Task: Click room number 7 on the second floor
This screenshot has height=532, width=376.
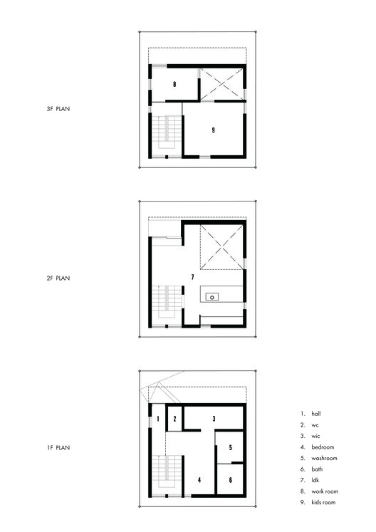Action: (192, 276)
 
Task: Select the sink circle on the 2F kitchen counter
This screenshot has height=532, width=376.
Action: (211, 296)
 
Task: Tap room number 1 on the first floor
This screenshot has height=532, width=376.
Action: (157, 419)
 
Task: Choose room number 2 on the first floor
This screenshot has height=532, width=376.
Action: (174, 419)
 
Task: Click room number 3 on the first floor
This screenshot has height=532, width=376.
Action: (214, 419)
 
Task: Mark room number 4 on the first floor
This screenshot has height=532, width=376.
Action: (199, 481)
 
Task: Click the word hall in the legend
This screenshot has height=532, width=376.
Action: (317, 413)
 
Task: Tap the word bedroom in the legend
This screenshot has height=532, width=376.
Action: (323, 447)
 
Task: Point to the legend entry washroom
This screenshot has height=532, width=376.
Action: (324, 458)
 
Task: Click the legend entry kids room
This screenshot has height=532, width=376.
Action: (324, 502)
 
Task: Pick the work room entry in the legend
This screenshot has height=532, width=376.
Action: (325, 491)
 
